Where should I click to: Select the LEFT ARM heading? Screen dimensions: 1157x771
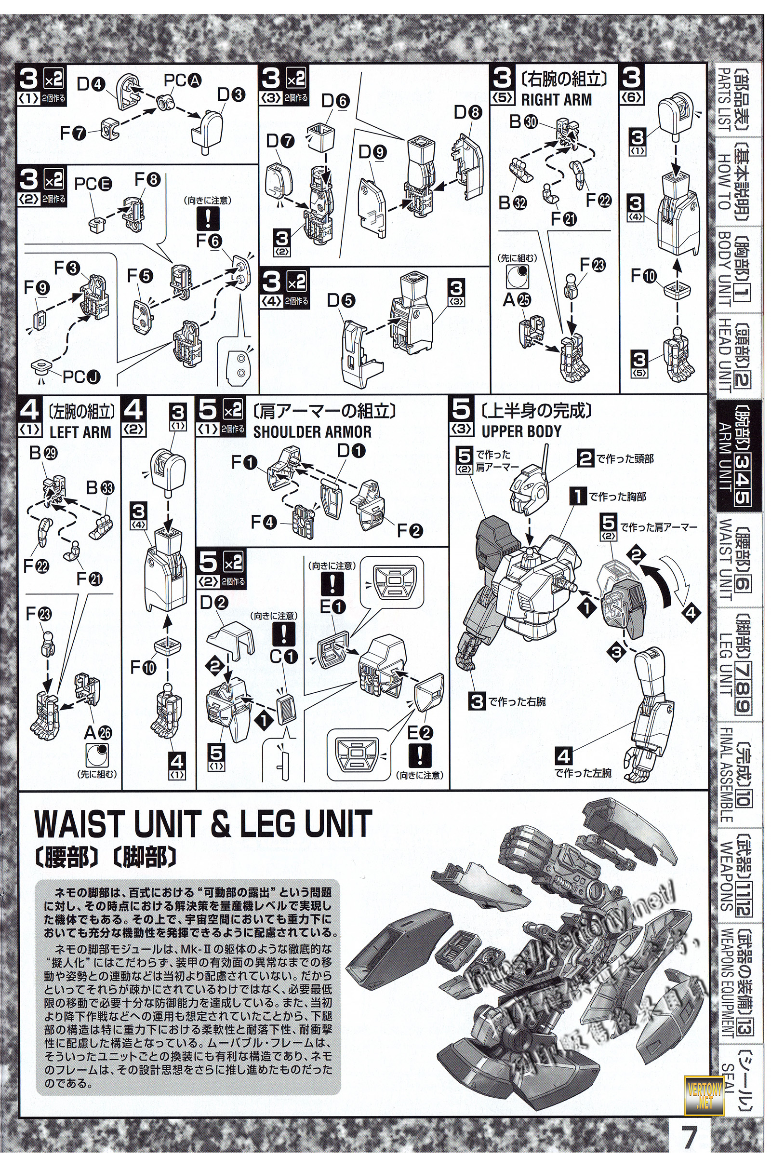80,432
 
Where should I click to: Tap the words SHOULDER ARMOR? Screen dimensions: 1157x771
312,432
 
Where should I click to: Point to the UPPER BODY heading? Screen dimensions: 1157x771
521,432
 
